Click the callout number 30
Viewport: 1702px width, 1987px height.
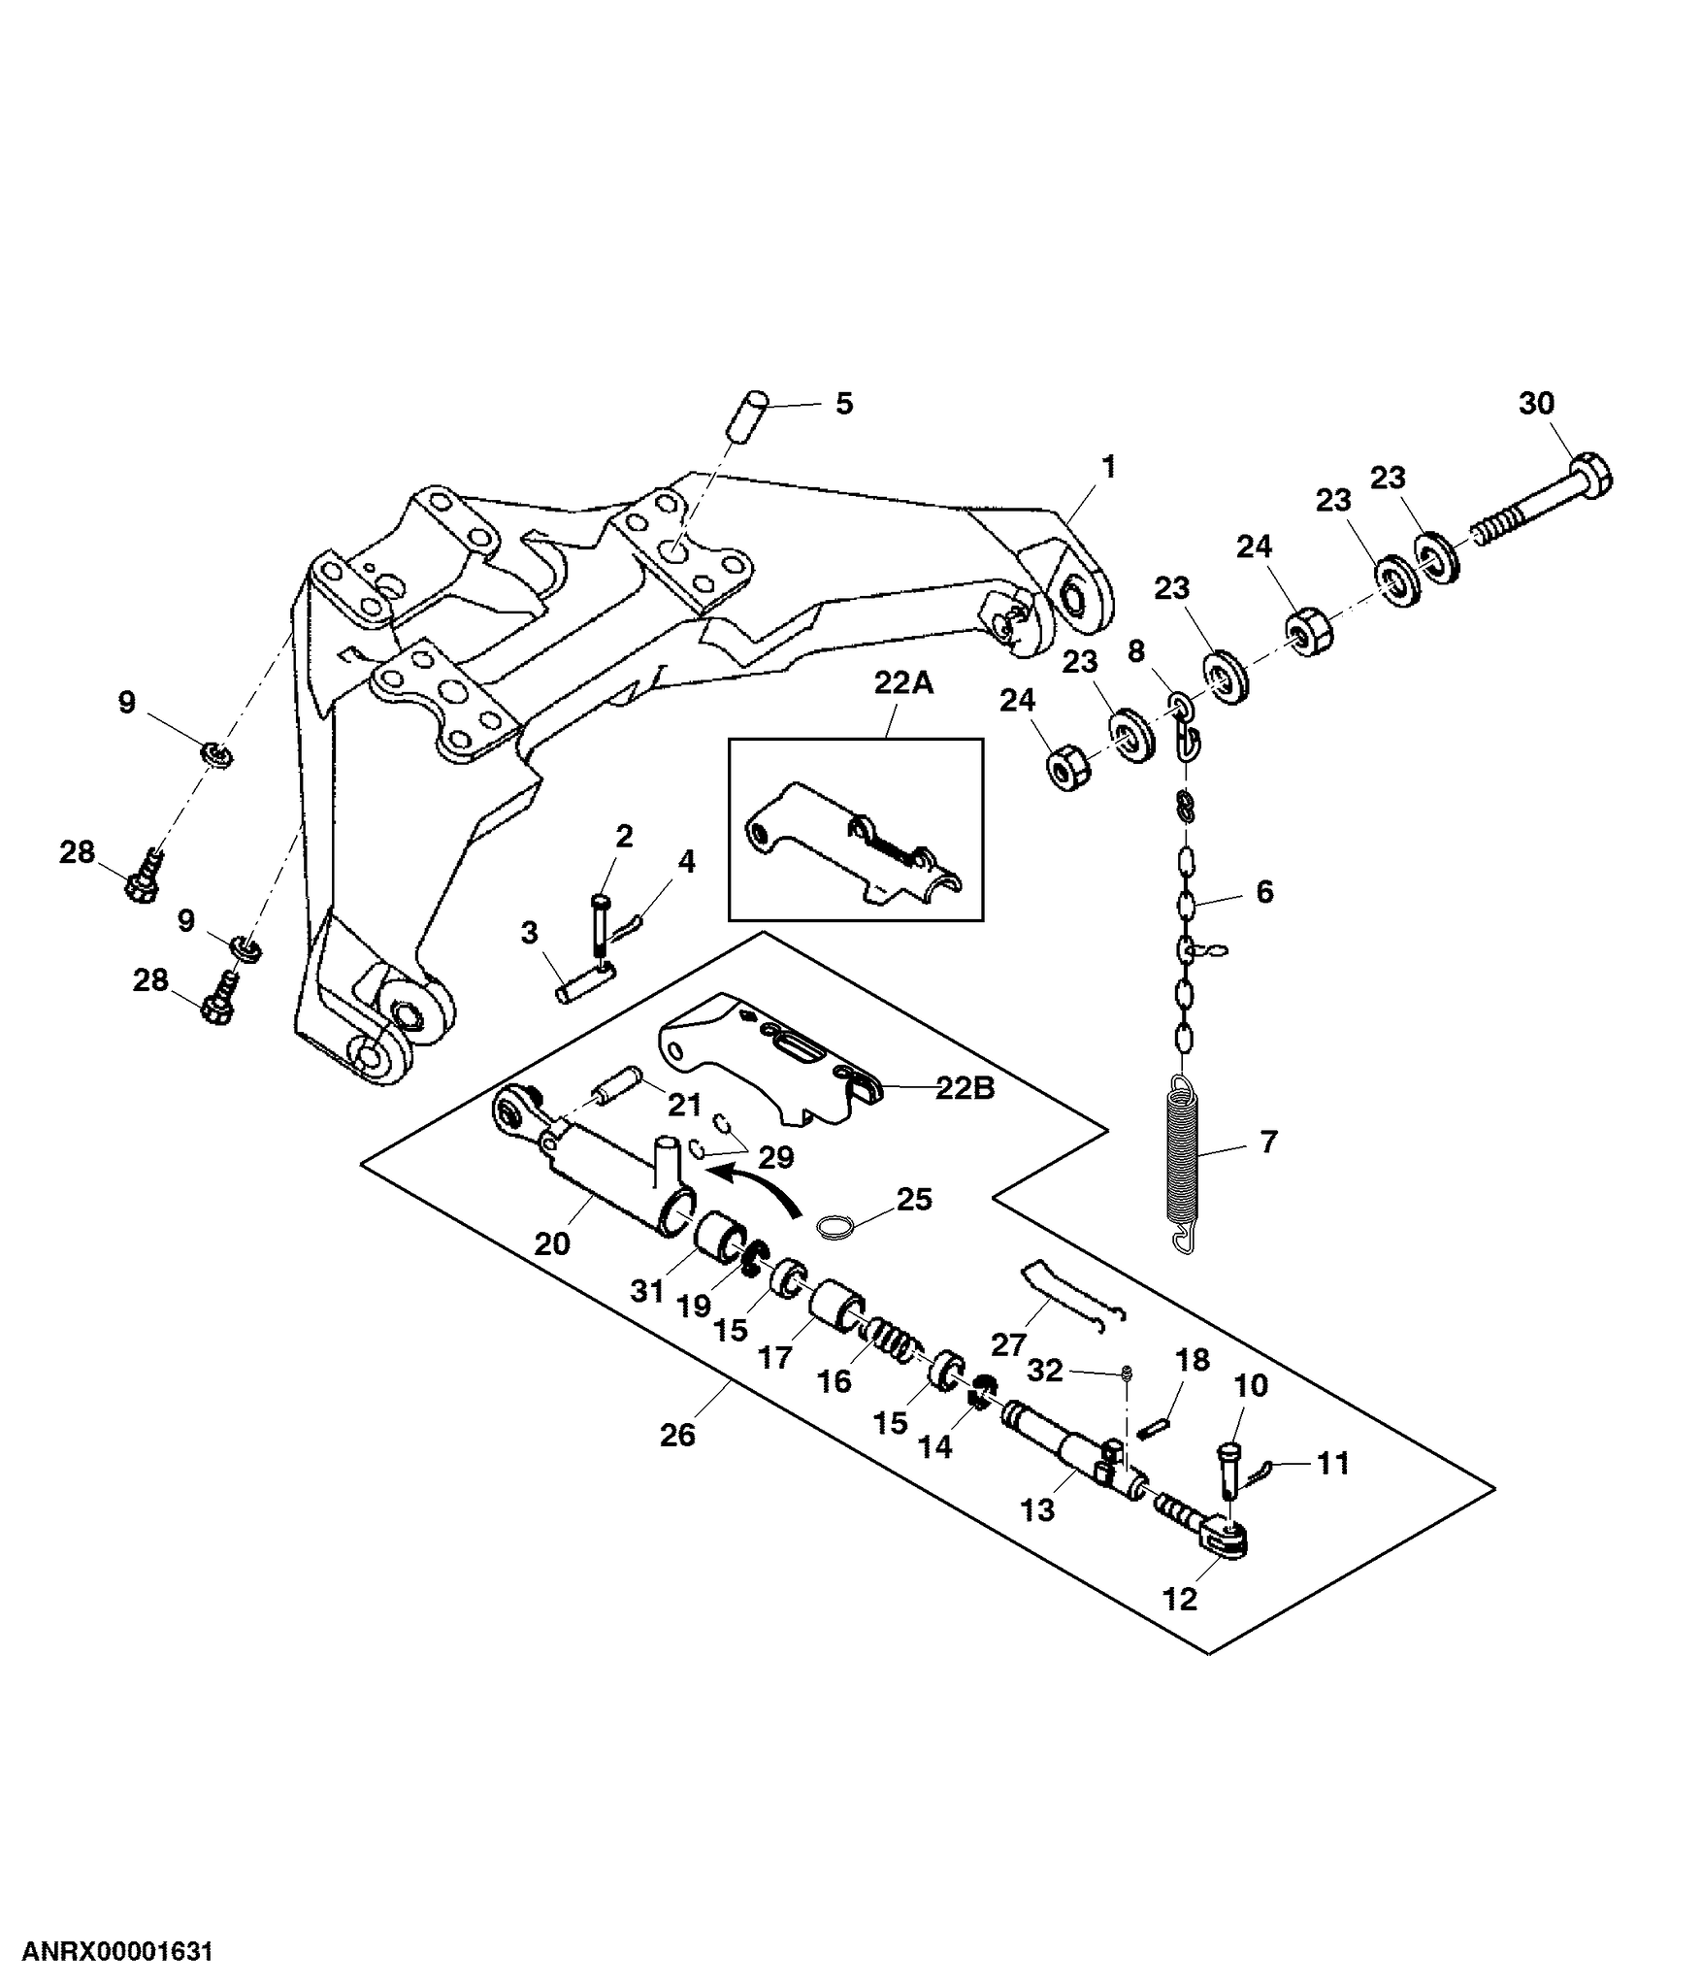pos(1536,403)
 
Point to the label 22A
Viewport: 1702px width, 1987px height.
pos(902,683)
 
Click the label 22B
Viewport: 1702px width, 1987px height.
pos(966,1088)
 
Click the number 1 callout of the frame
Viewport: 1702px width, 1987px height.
pos(1108,468)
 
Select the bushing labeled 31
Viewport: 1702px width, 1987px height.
pos(720,1239)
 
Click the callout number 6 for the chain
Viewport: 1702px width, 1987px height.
pos(1264,892)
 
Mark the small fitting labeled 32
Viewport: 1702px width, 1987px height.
pos(1128,1372)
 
